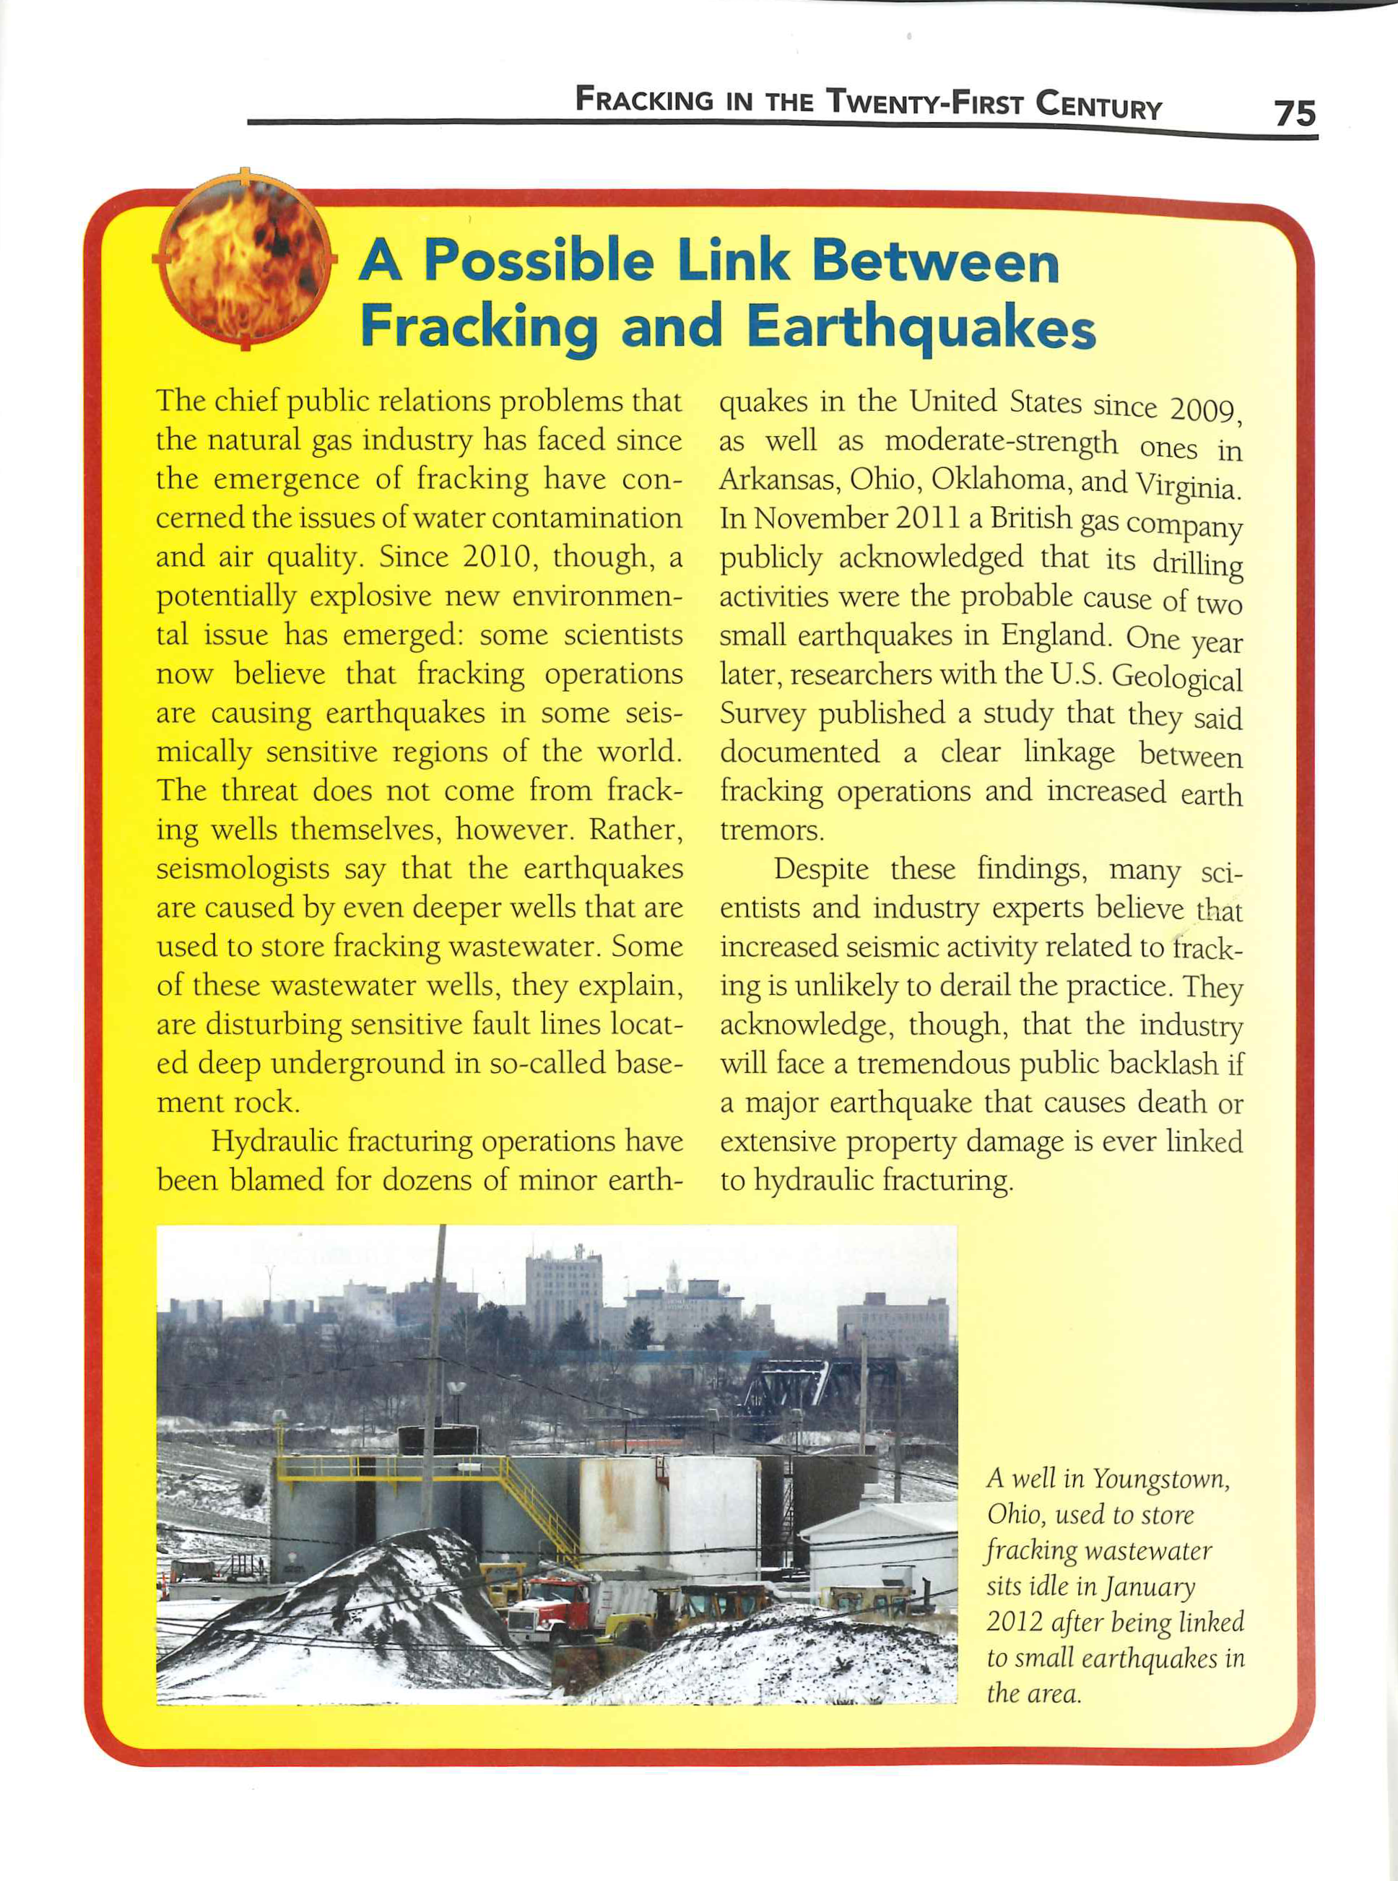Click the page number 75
[x=1295, y=113]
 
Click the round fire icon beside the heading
[x=245, y=258]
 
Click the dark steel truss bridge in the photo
[x=812, y=1387]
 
